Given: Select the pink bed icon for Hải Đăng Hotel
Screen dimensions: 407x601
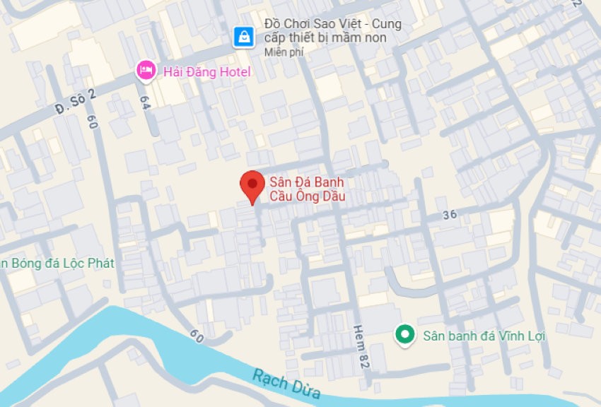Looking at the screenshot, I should coord(146,69).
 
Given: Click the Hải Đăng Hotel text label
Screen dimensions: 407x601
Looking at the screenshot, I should coord(207,71).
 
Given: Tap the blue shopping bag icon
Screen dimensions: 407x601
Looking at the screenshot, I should coord(244,37).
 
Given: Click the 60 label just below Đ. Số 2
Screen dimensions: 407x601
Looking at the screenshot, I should coord(92,121).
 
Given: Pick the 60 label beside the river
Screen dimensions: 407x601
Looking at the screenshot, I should coord(197,336).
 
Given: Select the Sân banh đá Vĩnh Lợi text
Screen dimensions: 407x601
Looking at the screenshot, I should coord(484,336).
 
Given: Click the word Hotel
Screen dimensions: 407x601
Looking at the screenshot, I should coord(233,71).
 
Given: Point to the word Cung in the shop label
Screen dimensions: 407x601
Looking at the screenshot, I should coord(386,24).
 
